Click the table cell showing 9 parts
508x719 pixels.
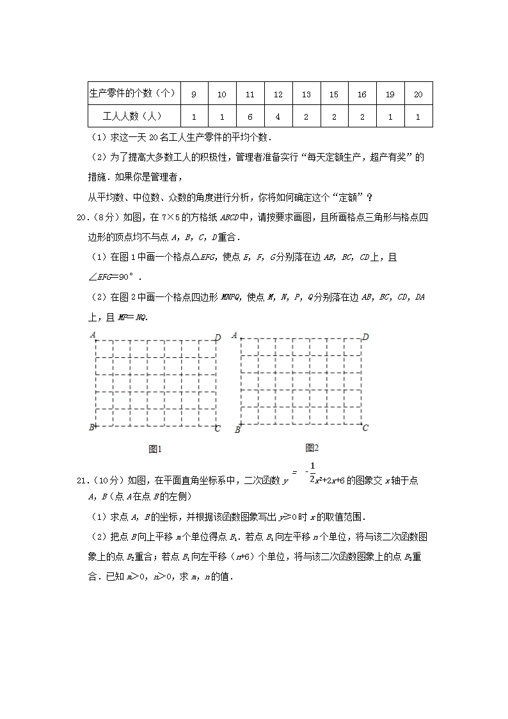point(194,95)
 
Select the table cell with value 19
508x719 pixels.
point(390,95)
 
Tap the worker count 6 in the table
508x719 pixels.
point(250,117)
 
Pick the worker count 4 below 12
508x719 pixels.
point(278,117)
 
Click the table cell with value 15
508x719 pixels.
point(333,95)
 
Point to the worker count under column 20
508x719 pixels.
point(418,117)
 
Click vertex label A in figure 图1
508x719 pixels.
point(93,334)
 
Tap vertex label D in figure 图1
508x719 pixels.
point(218,337)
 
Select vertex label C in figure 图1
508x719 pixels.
point(218,428)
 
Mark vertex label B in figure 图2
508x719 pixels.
point(237,430)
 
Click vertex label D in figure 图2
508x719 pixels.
point(365,337)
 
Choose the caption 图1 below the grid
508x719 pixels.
point(154,449)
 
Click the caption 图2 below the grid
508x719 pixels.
point(312,447)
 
